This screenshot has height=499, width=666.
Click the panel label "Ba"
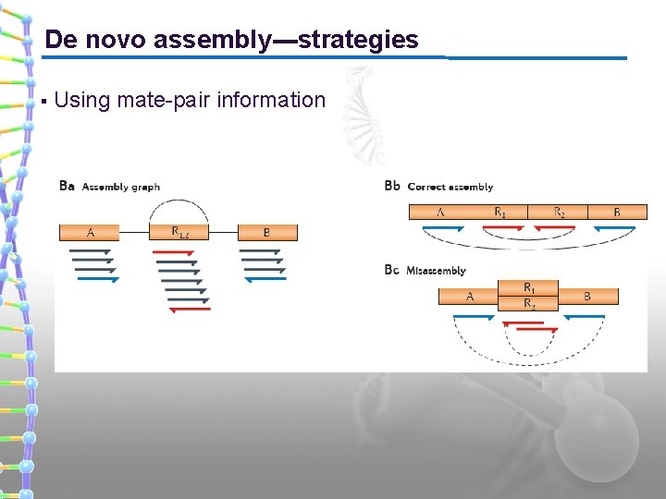click(67, 186)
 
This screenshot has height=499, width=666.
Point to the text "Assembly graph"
click(121, 187)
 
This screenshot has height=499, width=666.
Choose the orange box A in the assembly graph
click(91, 233)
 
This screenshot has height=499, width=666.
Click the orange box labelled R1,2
click(180, 233)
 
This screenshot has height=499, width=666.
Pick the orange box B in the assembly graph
click(267, 233)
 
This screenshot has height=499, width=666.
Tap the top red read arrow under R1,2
click(175, 252)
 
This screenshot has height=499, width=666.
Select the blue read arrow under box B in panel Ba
click(265, 278)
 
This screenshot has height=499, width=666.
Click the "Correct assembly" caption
click(450, 187)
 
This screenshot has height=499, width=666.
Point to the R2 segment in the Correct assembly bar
click(559, 213)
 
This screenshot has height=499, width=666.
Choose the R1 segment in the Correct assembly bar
click(499, 213)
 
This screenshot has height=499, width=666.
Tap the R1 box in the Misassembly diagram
click(528, 288)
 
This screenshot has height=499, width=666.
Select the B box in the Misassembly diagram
click(587, 296)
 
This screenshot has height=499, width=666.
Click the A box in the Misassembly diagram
click(469, 296)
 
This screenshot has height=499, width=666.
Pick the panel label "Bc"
click(391, 270)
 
